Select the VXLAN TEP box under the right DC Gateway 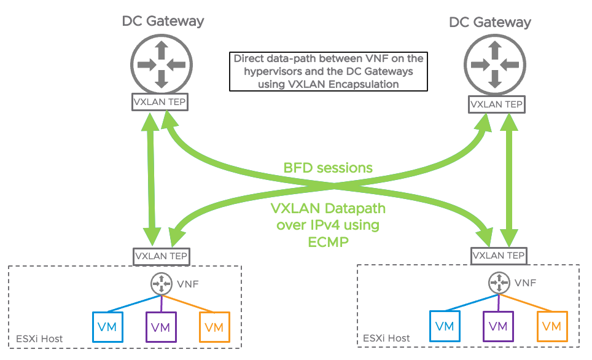click(496, 104)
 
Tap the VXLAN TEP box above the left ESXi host click(162, 254)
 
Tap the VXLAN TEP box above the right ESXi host click(498, 255)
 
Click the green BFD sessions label click(328, 168)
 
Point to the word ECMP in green click(328, 241)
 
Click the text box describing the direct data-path click(329, 71)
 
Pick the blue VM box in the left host click(107, 326)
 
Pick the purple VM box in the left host click(161, 326)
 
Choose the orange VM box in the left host click(214, 326)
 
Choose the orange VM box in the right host click(551, 326)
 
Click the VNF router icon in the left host click(161, 283)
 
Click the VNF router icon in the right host click(498, 283)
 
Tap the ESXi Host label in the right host click(386, 338)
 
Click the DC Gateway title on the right click(490, 23)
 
